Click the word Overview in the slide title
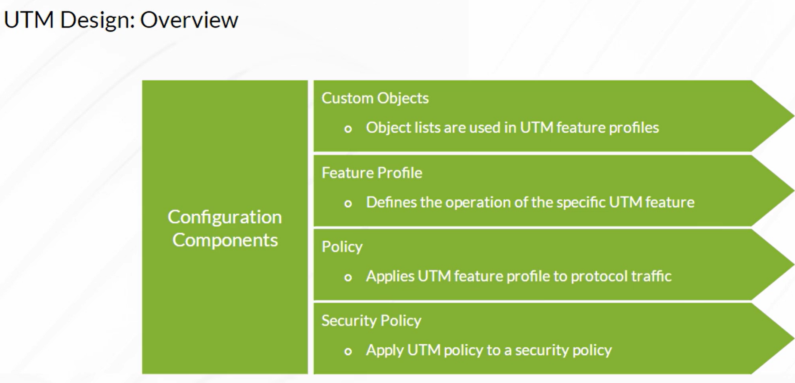coord(189,20)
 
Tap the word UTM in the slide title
coord(29,20)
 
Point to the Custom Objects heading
coord(375,99)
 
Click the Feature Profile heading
coord(372,173)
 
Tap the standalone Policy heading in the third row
coord(342,247)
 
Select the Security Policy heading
coord(371,321)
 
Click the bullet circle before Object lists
coord(348,129)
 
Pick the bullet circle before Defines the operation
coord(348,203)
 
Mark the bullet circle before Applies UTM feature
coord(348,277)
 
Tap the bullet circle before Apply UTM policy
coord(348,352)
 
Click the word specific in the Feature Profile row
coord(581,202)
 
